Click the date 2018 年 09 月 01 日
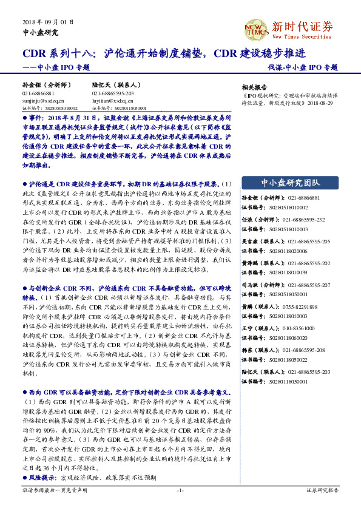tap(48, 21)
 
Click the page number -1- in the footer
tap(180, 490)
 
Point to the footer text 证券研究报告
tap(322, 490)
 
